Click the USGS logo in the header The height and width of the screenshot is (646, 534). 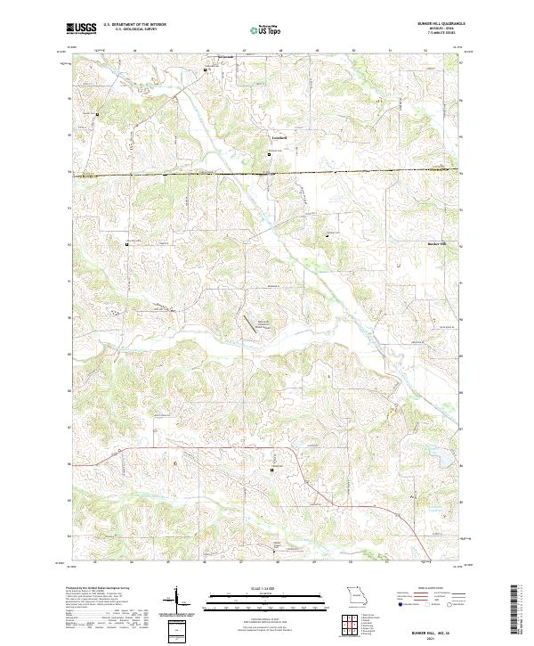[81, 28]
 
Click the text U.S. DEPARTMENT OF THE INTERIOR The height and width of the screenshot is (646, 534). [134, 24]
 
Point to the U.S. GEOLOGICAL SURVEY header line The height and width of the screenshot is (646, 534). [129, 29]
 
